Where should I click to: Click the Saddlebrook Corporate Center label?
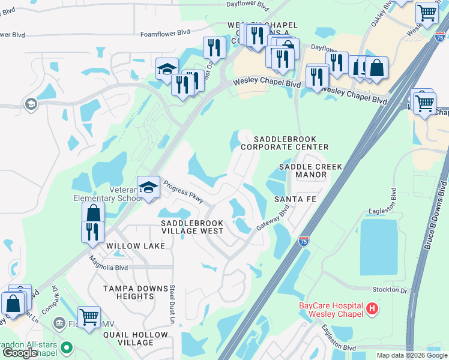tap(285, 143)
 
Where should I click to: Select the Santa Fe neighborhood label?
tap(296, 199)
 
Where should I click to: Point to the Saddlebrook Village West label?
tap(191, 227)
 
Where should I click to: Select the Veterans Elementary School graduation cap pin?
tap(148, 188)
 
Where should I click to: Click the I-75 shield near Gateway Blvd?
tap(304, 241)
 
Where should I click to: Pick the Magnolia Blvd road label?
tap(108, 263)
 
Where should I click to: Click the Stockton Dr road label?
tap(391, 290)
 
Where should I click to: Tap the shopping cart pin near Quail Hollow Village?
tap(89, 317)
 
